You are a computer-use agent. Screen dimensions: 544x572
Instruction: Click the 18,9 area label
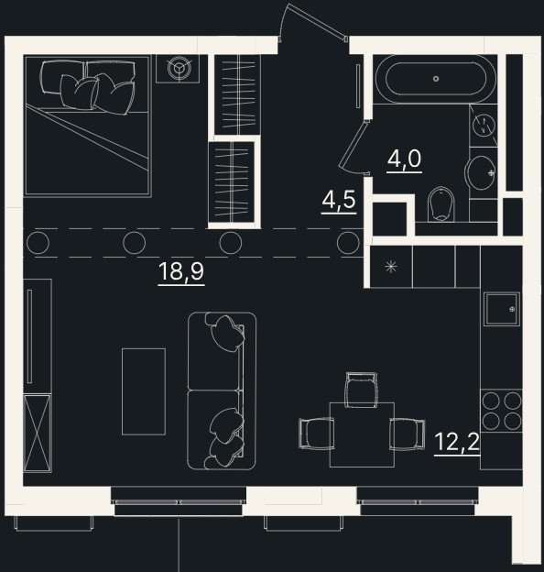coord(181,271)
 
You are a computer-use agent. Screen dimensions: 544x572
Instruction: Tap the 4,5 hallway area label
coord(339,200)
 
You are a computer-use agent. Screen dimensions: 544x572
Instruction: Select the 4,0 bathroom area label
coord(404,159)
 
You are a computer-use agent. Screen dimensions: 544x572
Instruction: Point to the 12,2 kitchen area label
coord(457,442)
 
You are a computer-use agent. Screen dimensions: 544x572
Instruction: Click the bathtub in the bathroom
coord(436,79)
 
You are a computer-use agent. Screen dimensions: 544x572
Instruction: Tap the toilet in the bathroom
coord(442,204)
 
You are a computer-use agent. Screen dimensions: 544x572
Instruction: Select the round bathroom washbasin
coord(481,173)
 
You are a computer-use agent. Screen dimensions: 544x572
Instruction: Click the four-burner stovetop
coord(501,411)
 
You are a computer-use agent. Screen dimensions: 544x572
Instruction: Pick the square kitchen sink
coord(501,309)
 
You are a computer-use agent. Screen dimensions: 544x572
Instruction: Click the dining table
coord(362,434)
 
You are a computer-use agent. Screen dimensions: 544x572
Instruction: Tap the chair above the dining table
coord(362,390)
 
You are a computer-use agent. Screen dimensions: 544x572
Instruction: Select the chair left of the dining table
coord(316,434)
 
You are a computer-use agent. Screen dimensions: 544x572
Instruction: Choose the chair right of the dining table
coord(408,434)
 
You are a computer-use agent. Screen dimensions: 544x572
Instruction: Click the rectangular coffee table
coord(144,391)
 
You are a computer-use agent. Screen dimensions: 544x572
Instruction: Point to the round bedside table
coord(179,68)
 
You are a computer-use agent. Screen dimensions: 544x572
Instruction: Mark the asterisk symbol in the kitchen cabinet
coord(391,267)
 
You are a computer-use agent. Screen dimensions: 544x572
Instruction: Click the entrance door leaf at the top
coord(316,21)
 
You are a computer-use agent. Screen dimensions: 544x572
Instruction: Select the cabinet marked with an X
coord(38,434)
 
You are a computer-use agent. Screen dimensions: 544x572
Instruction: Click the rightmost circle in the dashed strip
coord(348,243)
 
